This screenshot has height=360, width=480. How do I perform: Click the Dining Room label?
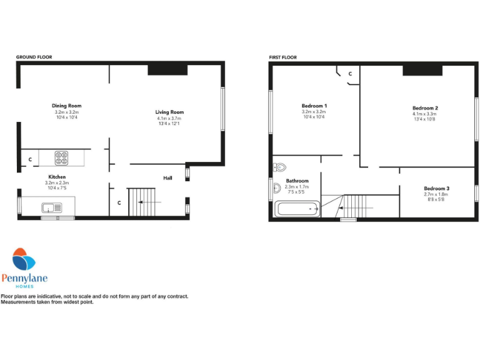pyautogui.click(x=67, y=106)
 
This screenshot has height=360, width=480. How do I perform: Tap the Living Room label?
pyautogui.click(x=170, y=112)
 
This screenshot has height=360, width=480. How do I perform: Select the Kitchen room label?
pyautogui.click(x=57, y=177)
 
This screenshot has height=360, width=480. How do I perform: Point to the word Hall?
pyautogui.click(x=167, y=177)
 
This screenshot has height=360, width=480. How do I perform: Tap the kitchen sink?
pyautogui.click(x=51, y=207)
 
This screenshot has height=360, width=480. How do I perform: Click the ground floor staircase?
pyautogui.click(x=141, y=202)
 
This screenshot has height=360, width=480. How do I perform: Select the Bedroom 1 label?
pyautogui.click(x=314, y=106)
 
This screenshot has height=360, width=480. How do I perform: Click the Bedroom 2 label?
pyautogui.click(x=425, y=107)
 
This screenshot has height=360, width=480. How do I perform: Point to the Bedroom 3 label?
pyautogui.click(x=436, y=188)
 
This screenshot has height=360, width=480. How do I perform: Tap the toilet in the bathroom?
pyautogui.click(x=279, y=167)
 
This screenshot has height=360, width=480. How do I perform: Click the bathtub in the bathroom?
pyautogui.click(x=297, y=209)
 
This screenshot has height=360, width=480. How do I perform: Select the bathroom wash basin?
pyautogui.click(x=276, y=187)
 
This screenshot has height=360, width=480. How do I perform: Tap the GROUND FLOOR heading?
pyautogui.click(x=34, y=57)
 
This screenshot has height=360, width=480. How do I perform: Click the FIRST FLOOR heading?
pyautogui.click(x=283, y=57)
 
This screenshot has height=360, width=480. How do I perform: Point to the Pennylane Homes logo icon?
pyautogui.click(x=25, y=260)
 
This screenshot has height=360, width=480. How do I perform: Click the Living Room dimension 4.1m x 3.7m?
pyautogui.click(x=170, y=118)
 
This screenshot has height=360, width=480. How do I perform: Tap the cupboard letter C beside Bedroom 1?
pyautogui.click(x=350, y=74)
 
